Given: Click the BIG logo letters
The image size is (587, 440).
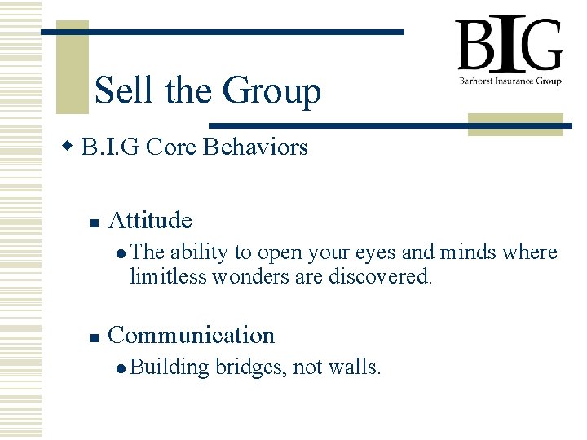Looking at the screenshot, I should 509,46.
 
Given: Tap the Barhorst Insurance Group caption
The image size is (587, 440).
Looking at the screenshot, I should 509,81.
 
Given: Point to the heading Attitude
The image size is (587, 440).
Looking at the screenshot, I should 150,220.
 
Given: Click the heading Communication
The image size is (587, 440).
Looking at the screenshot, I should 191,335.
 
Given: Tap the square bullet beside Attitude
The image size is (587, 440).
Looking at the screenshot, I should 94,222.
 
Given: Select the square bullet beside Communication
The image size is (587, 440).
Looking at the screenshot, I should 94,337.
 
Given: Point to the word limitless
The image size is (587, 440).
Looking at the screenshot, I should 168,276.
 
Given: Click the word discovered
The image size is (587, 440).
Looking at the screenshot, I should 380,276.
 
